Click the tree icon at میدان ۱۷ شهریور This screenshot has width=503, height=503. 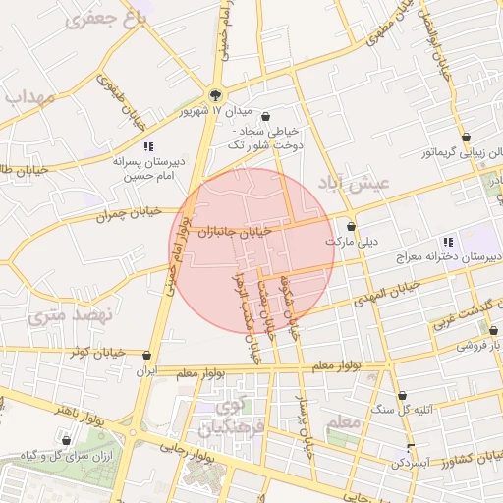[216, 95]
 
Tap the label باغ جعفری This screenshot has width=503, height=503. [108, 21]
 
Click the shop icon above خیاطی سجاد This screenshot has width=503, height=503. [265, 116]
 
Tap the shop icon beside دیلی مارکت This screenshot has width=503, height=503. [352, 225]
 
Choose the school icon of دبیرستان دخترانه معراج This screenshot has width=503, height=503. [447, 242]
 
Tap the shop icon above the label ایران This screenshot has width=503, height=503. [147, 356]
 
